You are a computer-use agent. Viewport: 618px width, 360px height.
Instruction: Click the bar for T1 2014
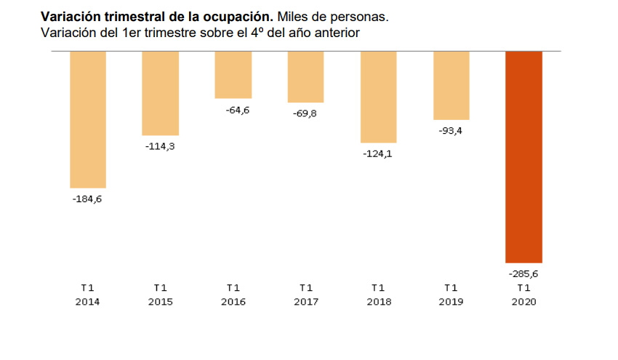tap(88, 120)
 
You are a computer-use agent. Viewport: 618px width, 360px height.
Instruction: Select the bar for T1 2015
tap(160, 93)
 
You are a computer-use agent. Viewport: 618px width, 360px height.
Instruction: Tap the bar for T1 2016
tap(233, 75)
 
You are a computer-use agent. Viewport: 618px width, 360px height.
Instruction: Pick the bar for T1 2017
tap(305, 77)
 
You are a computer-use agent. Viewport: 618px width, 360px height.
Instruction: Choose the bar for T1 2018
tap(378, 97)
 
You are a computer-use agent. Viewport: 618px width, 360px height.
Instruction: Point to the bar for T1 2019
tap(451, 85)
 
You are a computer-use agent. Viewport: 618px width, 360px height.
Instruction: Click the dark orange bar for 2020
tap(523, 157)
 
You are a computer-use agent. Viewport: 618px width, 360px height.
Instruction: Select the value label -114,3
tap(160, 146)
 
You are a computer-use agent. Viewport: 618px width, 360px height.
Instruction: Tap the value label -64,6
tap(233, 110)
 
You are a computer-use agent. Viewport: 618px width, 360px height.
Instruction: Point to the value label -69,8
tap(305, 113)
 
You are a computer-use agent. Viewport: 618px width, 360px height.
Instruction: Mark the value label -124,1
tap(378, 153)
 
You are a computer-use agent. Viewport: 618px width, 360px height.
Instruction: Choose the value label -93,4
tap(451, 131)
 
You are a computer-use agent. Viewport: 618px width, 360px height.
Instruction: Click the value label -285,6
tap(523, 274)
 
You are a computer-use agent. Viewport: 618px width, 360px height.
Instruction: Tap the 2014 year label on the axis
tap(88, 302)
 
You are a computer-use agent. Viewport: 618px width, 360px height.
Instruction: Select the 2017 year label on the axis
tap(305, 302)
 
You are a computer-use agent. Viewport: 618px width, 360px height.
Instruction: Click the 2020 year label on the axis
tap(523, 302)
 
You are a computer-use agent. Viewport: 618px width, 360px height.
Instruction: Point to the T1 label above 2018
tap(378, 287)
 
